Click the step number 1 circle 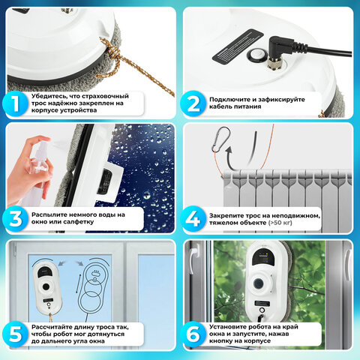click(15, 103)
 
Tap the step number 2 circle click(193, 103)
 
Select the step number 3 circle click(15, 218)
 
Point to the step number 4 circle click(193, 219)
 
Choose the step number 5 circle click(15, 334)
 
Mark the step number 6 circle click(193, 334)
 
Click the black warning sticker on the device click(238, 45)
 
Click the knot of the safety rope click(110, 49)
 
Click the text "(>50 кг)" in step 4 click(280, 223)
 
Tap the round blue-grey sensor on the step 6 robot click(258, 283)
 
